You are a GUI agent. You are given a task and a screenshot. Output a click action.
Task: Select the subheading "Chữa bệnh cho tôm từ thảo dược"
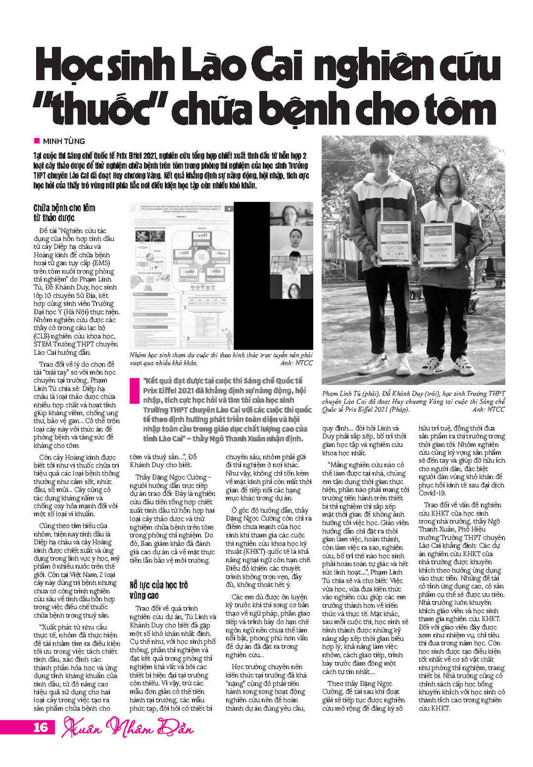tap(64, 213)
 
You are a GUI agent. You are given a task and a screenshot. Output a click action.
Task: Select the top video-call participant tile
tap(291, 216)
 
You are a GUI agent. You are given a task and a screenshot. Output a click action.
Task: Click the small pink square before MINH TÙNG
tap(37, 140)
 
